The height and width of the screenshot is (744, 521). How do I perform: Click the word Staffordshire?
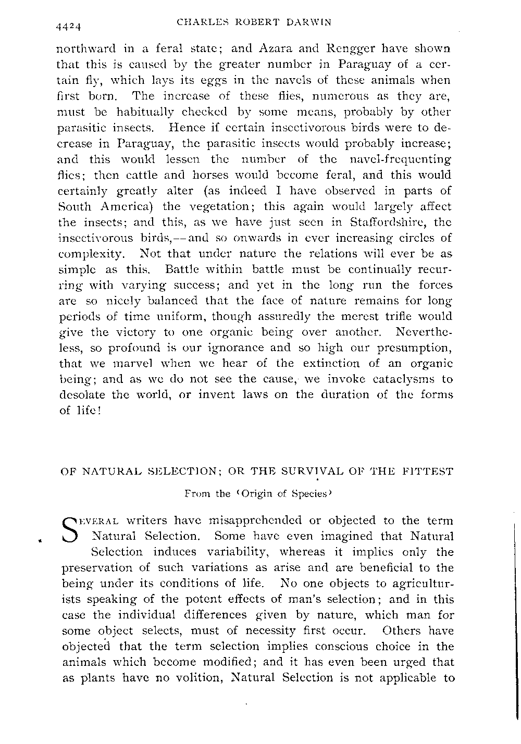pyautogui.click(x=385, y=222)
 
